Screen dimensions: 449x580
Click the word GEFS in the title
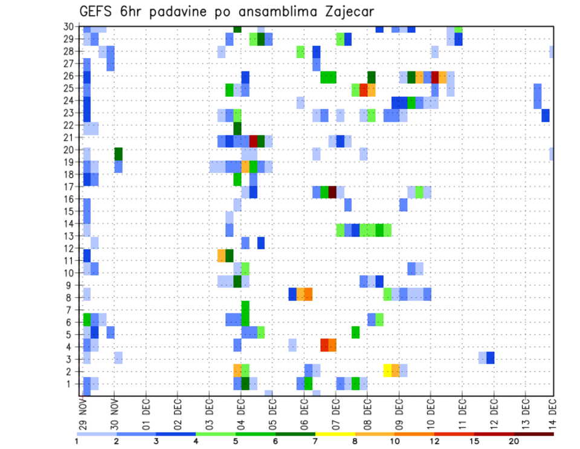coord(98,12)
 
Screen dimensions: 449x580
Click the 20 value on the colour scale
coord(514,441)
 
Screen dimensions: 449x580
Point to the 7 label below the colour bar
coord(315,441)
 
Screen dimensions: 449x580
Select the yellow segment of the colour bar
coord(335,433)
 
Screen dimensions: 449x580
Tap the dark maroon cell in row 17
coord(332,192)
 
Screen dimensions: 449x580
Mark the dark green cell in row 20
coord(118,154)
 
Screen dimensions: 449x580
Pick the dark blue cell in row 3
coord(491,358)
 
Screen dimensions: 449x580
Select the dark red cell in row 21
coord(253,141)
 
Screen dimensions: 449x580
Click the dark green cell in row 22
coord(237,129)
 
